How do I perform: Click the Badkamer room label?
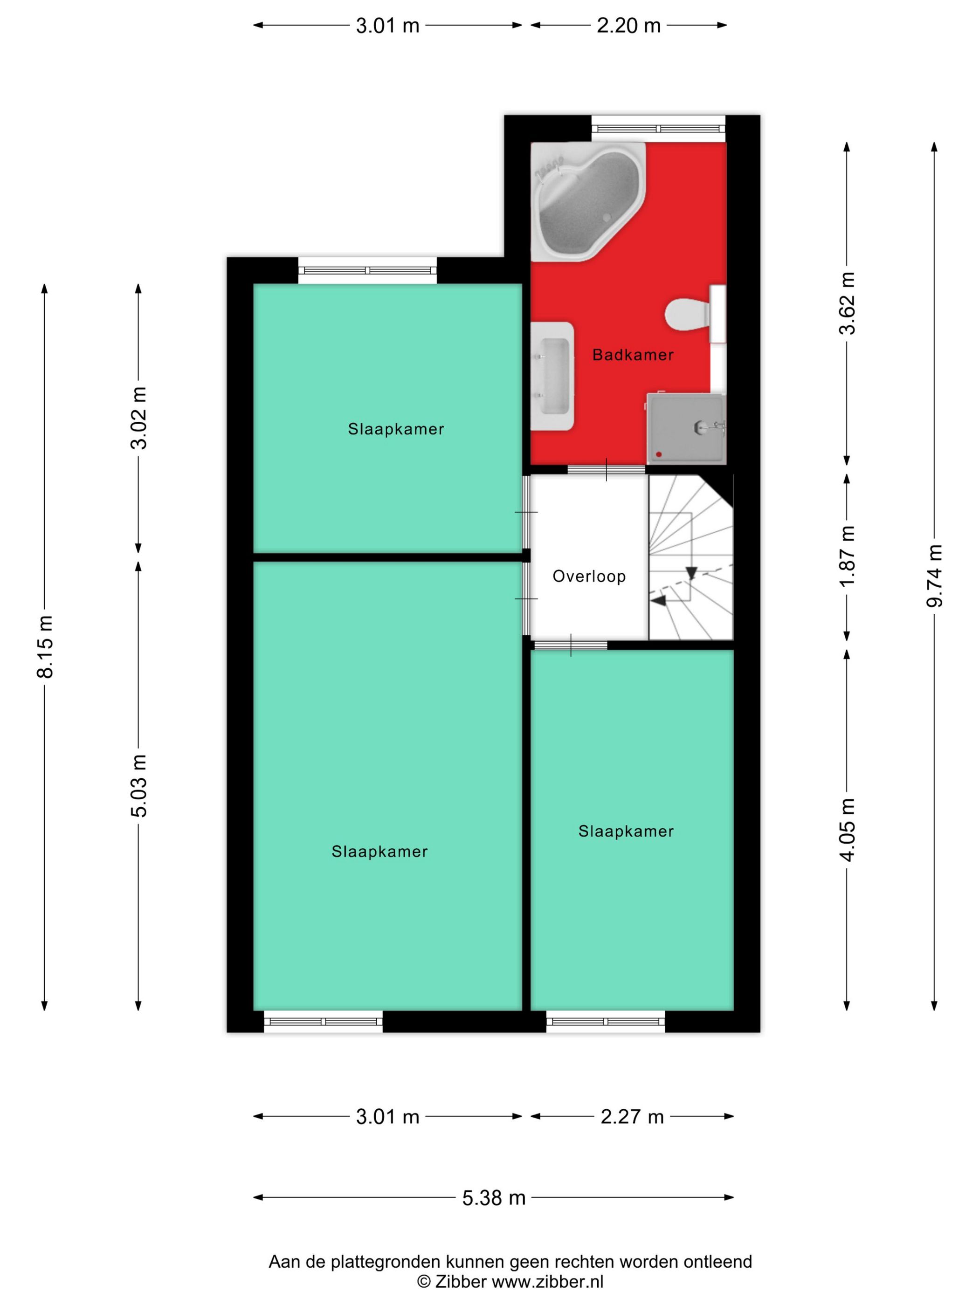[633, 355]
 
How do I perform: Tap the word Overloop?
[589, 577]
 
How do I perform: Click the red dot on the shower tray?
[659, 454]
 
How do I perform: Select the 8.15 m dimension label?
[44, 646]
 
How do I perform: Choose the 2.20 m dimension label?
[628, 25]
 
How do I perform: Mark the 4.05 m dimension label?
[847, 830]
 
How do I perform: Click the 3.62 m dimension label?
[847, 302]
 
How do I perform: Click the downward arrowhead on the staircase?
[691, 573]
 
